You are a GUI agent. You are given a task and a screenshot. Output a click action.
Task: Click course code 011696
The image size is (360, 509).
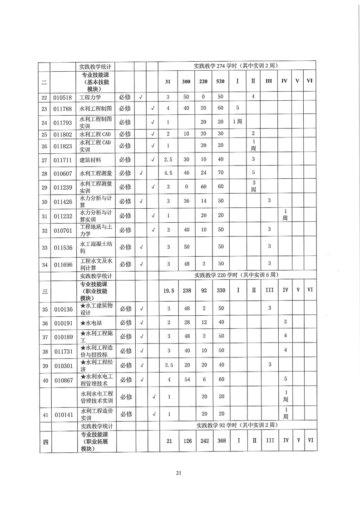pos(64,264)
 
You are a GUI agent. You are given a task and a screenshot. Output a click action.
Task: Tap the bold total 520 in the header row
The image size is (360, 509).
pos(220,81)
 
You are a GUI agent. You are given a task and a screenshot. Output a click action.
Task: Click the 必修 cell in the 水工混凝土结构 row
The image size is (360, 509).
pos(125,247)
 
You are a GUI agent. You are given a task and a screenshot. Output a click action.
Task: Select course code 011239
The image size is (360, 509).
pos(64,187)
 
